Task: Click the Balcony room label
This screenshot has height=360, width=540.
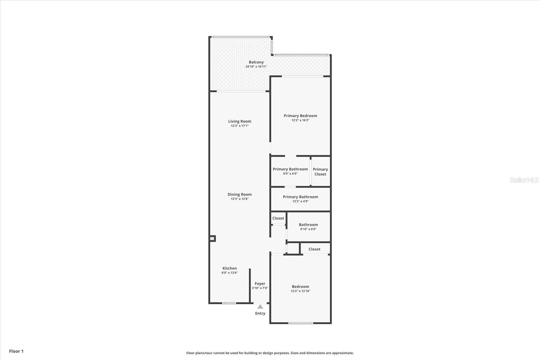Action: coord(256,62)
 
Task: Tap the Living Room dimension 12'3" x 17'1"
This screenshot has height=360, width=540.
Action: coord(240,126)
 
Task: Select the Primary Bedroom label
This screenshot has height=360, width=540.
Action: coord(300,116)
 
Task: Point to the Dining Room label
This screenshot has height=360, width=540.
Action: coord(240,195)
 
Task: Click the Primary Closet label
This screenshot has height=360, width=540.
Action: coord(320,172)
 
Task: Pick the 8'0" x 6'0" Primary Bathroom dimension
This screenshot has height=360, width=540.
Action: coord(290,174)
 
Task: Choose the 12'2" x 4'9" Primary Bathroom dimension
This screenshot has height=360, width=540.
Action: coord(300,201)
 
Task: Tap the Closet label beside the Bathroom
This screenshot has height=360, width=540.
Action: coord(278,218)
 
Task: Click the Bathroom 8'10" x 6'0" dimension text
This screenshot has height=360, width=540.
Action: coord(308,229)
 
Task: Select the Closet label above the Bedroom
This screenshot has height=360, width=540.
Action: coord(314,249)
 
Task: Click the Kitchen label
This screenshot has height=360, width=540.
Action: coord(230,268)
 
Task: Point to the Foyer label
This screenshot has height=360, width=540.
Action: coord(260,284)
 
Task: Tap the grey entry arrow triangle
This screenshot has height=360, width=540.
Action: coord(260,307)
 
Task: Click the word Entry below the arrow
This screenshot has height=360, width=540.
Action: coord(260,313)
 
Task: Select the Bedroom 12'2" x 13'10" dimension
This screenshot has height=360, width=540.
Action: coord(300,291)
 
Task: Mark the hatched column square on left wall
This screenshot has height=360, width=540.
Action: coord(212,239)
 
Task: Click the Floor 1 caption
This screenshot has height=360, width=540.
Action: coord(17,351)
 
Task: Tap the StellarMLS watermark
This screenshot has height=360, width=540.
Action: coord(524,180)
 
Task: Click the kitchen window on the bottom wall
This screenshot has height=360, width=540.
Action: coord(229,303)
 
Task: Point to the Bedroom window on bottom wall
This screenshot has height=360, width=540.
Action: coord(301,323)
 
